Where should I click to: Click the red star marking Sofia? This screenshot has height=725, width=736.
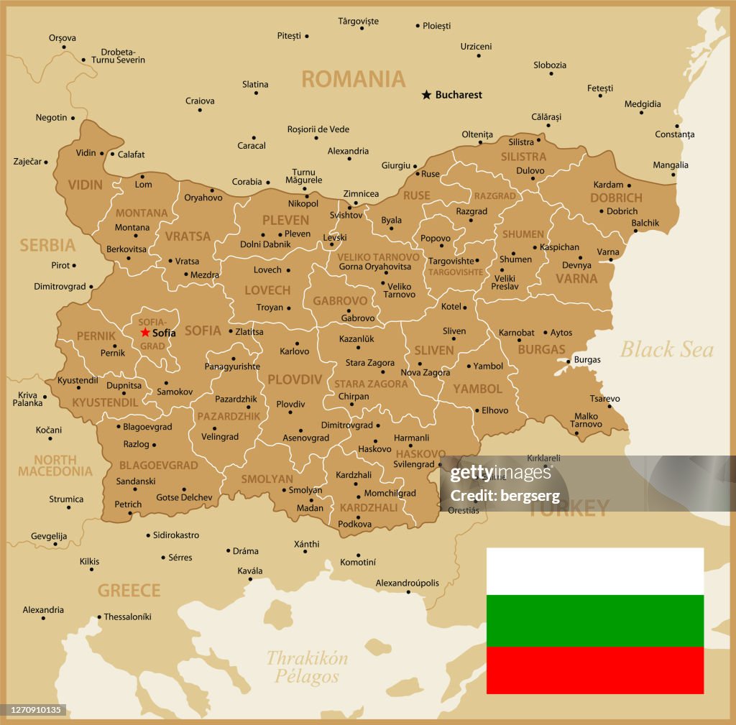[x=145, y=333]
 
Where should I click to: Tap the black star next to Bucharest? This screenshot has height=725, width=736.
[x=426, y=95]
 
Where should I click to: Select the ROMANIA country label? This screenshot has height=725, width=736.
[x=353, y=79]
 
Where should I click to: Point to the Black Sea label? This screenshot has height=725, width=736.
[x=666, y=350]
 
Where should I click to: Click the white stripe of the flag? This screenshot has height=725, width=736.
[x=594, y=571]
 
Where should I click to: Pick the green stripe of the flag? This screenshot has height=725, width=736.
[x=594, y=620]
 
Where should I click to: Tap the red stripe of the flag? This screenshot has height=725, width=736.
[x=594, y=670]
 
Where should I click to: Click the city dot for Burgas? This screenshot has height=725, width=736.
[x=568, y=361]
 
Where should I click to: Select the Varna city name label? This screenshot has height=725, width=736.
[x=608, y=252]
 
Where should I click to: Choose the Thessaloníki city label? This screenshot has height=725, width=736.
[x=128, y=617]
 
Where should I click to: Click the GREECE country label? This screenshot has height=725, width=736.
[x=129, y=591]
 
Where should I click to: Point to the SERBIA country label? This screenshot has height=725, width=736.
[x=47, y=245]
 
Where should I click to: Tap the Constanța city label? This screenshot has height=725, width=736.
[x=675, y=134]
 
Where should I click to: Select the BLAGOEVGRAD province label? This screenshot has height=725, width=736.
[x=158, y=465]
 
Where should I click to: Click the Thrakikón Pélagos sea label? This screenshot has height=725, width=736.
[x=307, y=667]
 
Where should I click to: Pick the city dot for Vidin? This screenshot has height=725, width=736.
[x=102, y=154]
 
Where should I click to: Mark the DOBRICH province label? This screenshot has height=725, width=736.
[x=616, y=198]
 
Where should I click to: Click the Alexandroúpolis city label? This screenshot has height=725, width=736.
[x=407, y=583]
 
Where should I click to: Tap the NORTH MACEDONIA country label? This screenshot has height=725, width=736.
[x=55, y=466]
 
